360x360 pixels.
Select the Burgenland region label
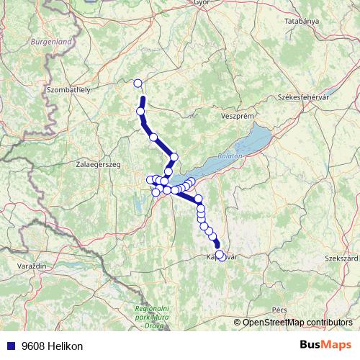point(51,42)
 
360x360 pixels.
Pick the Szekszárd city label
point(341,257)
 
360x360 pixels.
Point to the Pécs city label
point(279,309)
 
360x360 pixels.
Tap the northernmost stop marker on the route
point(138,83)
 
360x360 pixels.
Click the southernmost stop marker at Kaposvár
point(221,256)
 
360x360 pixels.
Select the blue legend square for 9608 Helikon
point(11,346)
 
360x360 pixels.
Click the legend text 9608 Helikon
point(52,346)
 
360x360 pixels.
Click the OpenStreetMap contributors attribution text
point(296,322)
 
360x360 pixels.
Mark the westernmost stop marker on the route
point(150,180)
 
